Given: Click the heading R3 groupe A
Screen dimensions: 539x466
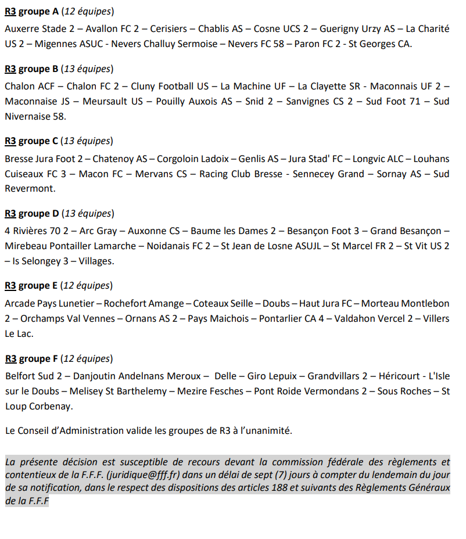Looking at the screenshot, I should (x=31, y=12).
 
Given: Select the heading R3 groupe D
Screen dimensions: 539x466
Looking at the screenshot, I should (x=31, y=213).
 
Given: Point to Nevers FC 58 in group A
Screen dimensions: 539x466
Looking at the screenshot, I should (x=258, y=44).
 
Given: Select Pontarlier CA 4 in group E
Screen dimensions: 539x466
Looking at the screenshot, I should (x=291, y=318).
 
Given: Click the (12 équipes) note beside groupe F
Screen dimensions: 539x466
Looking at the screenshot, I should (x=87, y=358).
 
